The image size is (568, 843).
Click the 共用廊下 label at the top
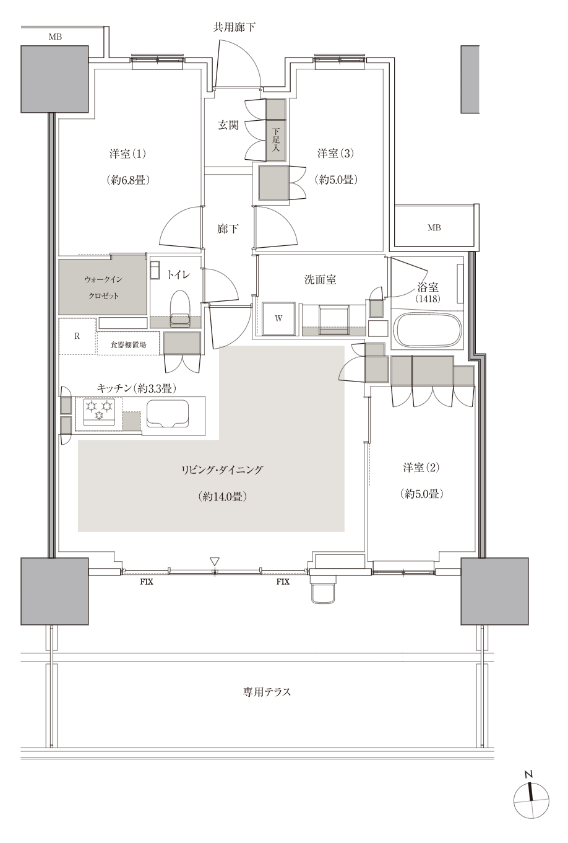[x=235, y=27]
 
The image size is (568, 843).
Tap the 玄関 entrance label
[x=228, y=124]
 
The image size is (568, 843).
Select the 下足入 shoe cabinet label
[x=276, y=140]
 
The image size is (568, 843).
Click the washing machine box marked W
[x=278, y=319]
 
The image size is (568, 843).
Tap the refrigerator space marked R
[x=77, y=336]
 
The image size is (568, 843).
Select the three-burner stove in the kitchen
[x=99, y=412]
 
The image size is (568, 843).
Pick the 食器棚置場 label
[x=128, y=344]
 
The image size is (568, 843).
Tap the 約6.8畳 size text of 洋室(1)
[x=128, y=180]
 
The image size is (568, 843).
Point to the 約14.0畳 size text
[x=223, y=497]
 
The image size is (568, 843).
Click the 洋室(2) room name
[x=421, y=468]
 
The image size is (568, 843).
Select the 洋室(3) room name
[x=336, y=153]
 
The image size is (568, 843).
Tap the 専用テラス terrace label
[x=267, y=692]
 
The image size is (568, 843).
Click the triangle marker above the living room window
[x=214, y=561]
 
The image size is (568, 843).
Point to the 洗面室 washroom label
[x=320, y=279]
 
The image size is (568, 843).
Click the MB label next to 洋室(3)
[x=434, y=227]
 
